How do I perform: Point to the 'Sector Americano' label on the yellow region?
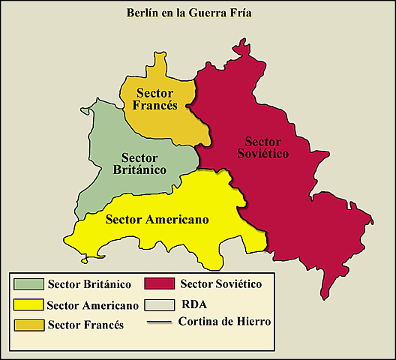157,219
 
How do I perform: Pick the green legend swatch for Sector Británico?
28,284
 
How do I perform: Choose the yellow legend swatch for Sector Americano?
28,305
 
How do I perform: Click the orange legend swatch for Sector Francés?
28,325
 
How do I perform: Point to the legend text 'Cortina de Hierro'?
225,321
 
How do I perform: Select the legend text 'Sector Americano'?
92,305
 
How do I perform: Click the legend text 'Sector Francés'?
85,325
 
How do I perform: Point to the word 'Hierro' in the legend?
253,321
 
